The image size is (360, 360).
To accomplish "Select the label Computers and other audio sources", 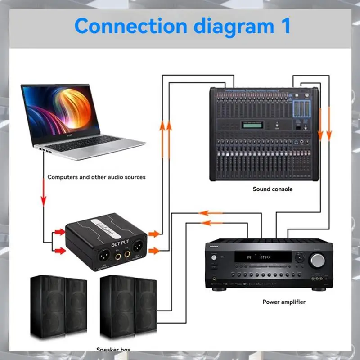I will (97, 177).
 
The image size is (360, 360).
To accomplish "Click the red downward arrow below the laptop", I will (44, 193).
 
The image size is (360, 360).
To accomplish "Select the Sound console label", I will (273, 189).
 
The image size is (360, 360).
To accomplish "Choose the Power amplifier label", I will (284, 301).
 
